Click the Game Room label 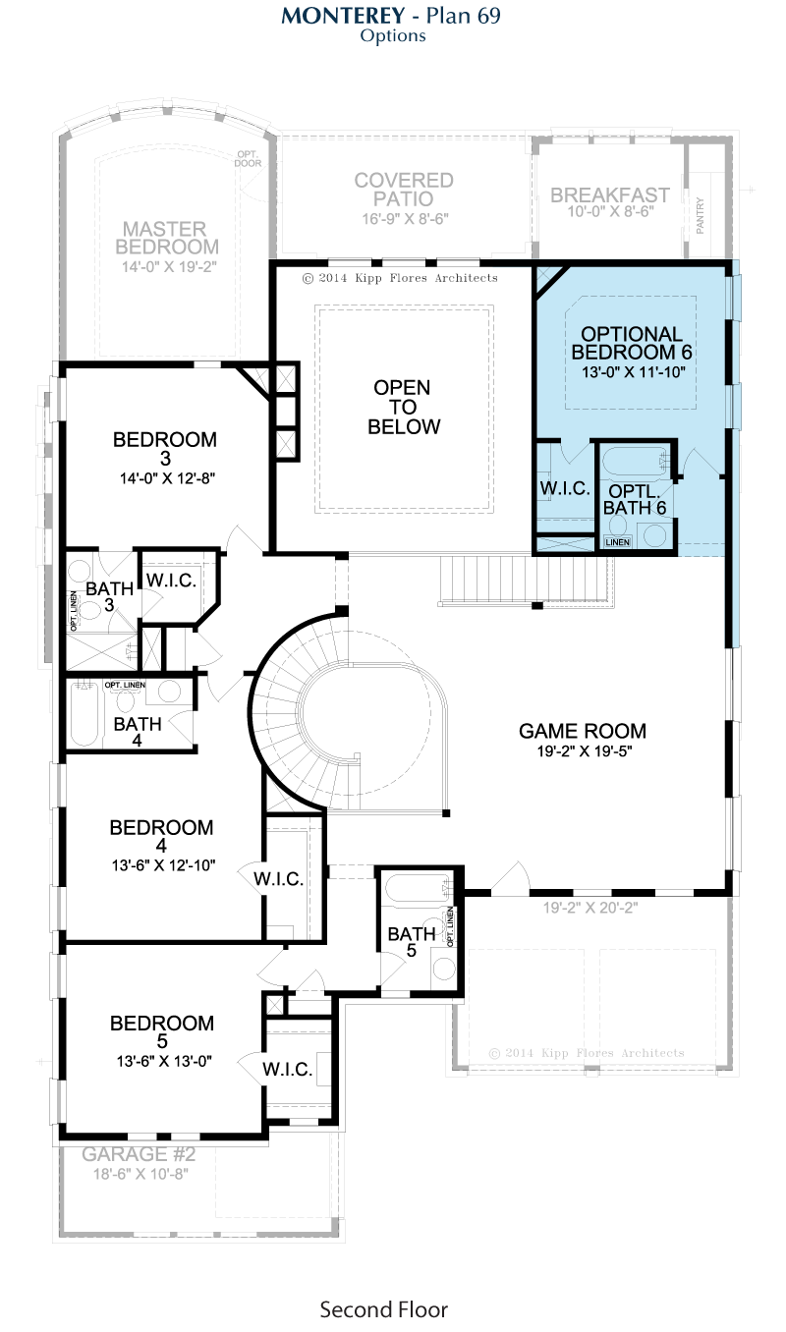pos(582,731)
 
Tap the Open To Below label pos(404,407)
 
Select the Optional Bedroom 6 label pos(632,343)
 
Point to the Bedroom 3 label pos(165,448)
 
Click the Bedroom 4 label pos(161,836)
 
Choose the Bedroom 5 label pos(162,1031)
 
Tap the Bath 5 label pos(412,942)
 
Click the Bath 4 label pos(138,732)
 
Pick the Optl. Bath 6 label pos(635,499)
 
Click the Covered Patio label pos(404,190)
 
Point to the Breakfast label pos(610,195)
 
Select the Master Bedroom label pos(166,238)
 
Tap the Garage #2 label pos(139,1154)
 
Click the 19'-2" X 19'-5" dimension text pos(585,751)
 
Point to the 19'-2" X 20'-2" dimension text pos(589,908)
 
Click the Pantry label pos(700,215)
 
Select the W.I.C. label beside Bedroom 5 pos(287,1069)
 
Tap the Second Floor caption pos(384,1309)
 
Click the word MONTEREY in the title pos(343,16)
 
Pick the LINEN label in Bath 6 pos(617,542)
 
